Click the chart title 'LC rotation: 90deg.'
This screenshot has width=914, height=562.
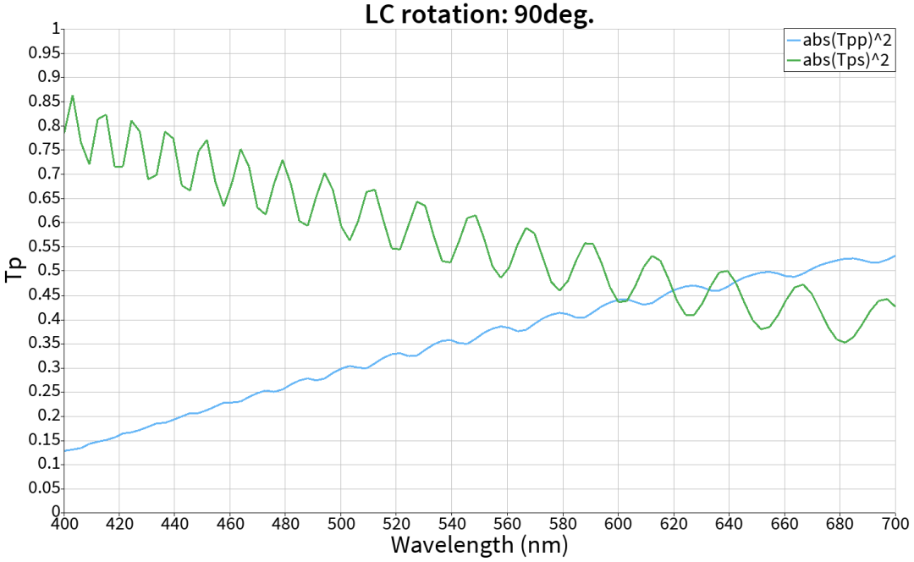point(479,14)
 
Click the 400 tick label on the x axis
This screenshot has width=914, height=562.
point(64,524)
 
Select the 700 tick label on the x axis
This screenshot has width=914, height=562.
point(895,524)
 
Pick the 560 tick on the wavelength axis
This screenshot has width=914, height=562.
point(507,524)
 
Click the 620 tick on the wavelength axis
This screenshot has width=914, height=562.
point(674,524)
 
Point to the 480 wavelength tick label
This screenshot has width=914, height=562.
point(285,524)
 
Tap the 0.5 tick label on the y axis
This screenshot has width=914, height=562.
point(49,271)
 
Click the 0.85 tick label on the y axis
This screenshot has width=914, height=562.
point(44,102)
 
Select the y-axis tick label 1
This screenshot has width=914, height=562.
point(56,29)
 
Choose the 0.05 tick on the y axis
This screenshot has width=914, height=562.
point(44,488)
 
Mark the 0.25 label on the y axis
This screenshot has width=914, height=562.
point(44,392)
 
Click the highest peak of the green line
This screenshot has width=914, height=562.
point(72,96)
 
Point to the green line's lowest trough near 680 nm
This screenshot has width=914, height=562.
point(845,342)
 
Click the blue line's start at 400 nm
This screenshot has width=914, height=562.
point(64,450)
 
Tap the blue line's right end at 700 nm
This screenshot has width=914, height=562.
point(895,256)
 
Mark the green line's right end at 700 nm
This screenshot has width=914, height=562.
point(895,306)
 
